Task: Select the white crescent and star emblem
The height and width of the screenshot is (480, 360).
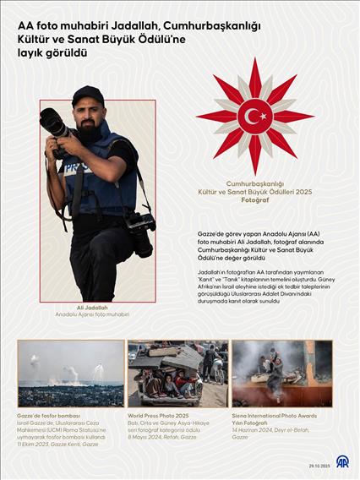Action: [254, 116]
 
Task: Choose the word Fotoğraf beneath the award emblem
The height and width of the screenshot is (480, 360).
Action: [254, 200]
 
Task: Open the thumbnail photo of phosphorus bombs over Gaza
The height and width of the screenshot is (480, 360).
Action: [70, 374]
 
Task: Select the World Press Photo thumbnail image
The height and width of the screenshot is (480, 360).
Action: [177, 374]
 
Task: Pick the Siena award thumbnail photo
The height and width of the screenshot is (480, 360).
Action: [282, 374]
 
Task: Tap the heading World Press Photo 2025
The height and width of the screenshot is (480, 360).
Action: [158, 416]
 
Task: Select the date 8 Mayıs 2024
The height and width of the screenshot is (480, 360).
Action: [145, 436]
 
